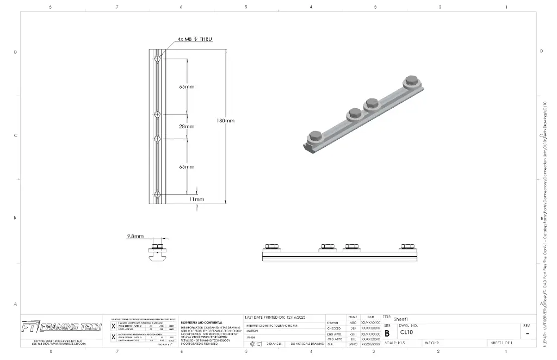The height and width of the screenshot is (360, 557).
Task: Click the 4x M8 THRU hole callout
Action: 194,39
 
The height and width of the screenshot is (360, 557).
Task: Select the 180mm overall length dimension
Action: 225,121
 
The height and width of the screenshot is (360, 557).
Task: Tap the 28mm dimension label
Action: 187,126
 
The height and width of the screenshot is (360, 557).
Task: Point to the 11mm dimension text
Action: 196,199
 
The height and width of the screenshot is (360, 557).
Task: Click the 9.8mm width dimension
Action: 135,237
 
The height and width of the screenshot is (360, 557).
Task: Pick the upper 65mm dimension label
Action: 187,86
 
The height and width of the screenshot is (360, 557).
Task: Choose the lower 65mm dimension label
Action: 187,166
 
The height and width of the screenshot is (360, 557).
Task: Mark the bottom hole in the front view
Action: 157,194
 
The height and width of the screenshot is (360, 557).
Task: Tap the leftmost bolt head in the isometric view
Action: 314,136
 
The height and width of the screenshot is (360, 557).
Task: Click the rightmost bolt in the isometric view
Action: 410,82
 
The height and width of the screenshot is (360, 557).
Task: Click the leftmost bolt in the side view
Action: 270,247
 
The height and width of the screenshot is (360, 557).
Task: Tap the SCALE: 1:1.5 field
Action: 399,343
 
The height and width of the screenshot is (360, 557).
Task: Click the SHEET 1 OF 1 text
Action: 502,343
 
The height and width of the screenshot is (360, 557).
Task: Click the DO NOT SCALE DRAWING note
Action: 307,344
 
